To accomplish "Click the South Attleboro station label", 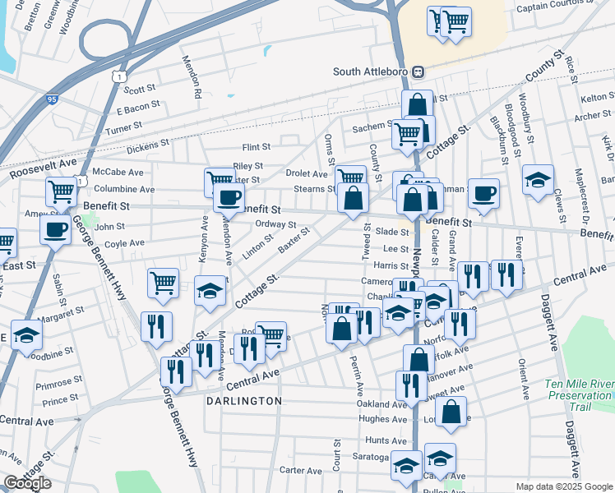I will click(370, 71).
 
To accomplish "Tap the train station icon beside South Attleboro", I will click(418, 71).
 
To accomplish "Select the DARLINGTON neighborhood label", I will click(243, 401).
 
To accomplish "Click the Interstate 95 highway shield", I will click(53, 99).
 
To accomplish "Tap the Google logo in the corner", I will click(27, 483).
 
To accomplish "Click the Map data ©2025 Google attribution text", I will click(563, 486).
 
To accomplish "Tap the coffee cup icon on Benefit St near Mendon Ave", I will click(229, 197).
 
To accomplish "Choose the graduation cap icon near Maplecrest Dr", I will click(538, 180).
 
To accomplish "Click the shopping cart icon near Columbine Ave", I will click(61, 192).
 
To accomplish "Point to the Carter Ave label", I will click(299, 471).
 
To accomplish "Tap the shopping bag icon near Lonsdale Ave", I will click(451, 412).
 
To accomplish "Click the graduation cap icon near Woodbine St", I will click(27, 335).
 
